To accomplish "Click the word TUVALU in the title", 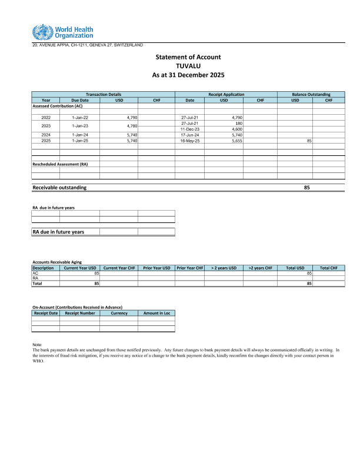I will click(x=188, y=66).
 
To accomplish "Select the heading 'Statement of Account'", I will click(x=188, y=56).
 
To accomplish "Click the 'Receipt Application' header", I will click(x=226, y=94).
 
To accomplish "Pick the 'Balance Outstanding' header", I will click(x=311, y=94).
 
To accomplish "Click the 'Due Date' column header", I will click(x=80, y=100).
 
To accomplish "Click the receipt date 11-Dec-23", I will click(x=190, y=129).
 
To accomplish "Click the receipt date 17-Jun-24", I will click(x=190, y=135).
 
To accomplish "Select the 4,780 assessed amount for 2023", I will click(x=132, y=126).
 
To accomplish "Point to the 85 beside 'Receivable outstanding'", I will click(x=306, y=187).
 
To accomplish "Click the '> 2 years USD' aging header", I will click(x=224, y=268).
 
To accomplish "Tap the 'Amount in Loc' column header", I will click(x=156, y=313).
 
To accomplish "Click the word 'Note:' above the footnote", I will click(x=38, y=344).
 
